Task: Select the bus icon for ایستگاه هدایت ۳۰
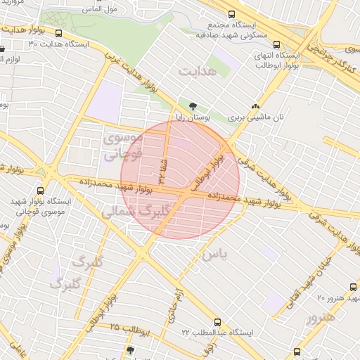click(x=58, y=33)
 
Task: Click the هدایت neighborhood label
click(x=195, y=72)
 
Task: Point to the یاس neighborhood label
click(x=214, y=255)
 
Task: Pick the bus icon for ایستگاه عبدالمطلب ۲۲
click(x=217, y=319)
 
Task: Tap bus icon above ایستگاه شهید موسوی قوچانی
click(x=39, y=190)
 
